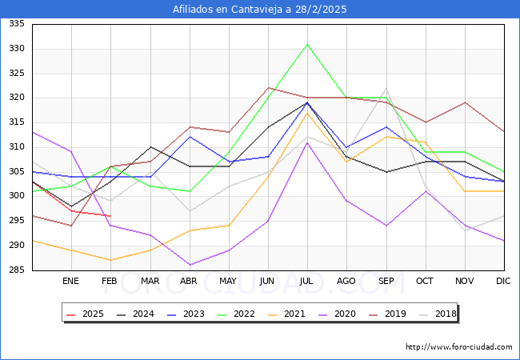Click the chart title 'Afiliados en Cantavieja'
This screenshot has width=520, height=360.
coord(260,10)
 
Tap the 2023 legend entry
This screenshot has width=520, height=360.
coord(187,314)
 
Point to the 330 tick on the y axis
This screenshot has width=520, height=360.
coord(17,49)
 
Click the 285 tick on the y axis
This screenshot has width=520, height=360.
coord(17,270)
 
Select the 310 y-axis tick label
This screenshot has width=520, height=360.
coord(17,147)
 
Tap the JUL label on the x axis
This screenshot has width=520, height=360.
coord(307,282)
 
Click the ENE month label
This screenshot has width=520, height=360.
coord(70,282)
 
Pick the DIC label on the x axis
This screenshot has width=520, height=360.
coord(503,282)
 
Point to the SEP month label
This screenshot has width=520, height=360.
coord(386,282)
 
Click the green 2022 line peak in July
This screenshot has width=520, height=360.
coord(307,44)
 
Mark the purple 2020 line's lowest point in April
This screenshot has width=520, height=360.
coord(189,265)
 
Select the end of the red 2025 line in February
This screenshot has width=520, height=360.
coord(110,216)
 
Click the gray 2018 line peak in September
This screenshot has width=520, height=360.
coord(386,89)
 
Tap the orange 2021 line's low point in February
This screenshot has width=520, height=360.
coord(110,260)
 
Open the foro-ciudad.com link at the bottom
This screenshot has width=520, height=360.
coord(458,347)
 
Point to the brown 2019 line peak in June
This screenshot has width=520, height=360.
coord(268,88)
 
